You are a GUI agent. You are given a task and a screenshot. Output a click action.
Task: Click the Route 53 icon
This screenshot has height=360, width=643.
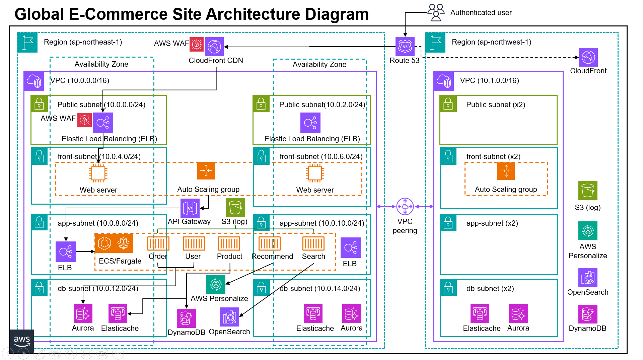click(x=405, y=46)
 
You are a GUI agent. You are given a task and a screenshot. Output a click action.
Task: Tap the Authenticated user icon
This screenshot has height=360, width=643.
click(x=436, y=12)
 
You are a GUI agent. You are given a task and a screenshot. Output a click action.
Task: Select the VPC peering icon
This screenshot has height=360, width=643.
click(x=405, y=206)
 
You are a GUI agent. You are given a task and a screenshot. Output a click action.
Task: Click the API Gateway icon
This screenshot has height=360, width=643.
click(x=190, y=208)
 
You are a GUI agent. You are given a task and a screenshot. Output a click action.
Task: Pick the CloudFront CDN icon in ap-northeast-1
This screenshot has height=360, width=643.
click(x=214, y=47)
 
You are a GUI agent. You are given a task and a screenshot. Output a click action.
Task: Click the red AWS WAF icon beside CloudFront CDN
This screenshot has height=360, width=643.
click(x=197, y=45)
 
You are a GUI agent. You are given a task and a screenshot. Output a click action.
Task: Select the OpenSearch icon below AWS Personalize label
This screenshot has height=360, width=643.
click(x=229, y=317)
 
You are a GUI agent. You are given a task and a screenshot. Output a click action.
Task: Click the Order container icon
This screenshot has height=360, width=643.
click(x=158, y=243)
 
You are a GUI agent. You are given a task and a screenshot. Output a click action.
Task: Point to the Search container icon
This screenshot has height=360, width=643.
click(x=313, y=243)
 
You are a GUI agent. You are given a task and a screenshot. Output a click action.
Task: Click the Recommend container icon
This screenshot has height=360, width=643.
click(x=269, y=243)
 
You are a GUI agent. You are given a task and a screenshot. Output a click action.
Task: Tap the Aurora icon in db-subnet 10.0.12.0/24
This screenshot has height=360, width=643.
click(x=83, y=313)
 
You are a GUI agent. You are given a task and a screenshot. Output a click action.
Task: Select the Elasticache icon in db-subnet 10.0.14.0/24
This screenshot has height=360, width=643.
click(x=313, y=314)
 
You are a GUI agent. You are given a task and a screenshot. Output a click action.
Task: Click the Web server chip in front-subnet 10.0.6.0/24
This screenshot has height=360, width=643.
click(x=315, y=173)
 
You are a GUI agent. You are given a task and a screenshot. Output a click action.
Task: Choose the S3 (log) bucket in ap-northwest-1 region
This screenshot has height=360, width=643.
click(x=588, y=190)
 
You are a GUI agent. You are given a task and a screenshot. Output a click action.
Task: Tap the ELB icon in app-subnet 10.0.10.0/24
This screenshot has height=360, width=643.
click(x=351, y=248)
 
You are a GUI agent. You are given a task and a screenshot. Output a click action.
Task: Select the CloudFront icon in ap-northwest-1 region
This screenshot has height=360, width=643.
click(x=588, y=57)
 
